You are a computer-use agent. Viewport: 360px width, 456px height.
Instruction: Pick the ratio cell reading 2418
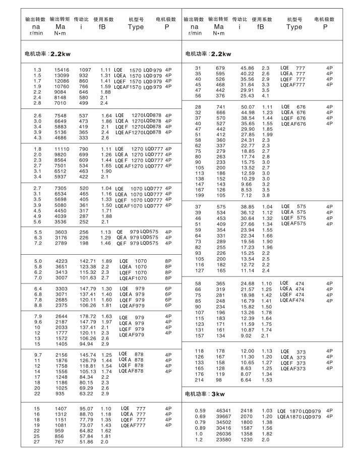point(247,411)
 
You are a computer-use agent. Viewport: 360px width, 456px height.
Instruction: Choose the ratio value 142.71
point(88,261)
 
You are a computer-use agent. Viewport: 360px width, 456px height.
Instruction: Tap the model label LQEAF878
point(132,371)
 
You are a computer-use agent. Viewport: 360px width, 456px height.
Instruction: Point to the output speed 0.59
point(200,411)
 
